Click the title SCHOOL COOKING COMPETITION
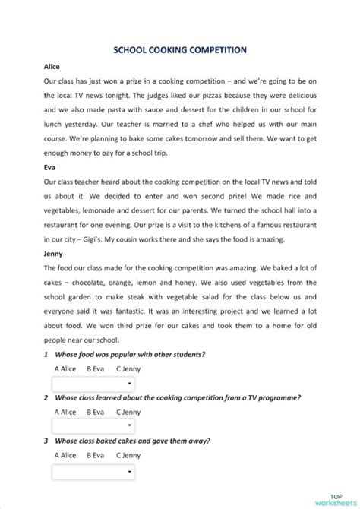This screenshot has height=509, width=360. [180, 49]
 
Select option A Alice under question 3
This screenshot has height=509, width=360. [65, 456]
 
